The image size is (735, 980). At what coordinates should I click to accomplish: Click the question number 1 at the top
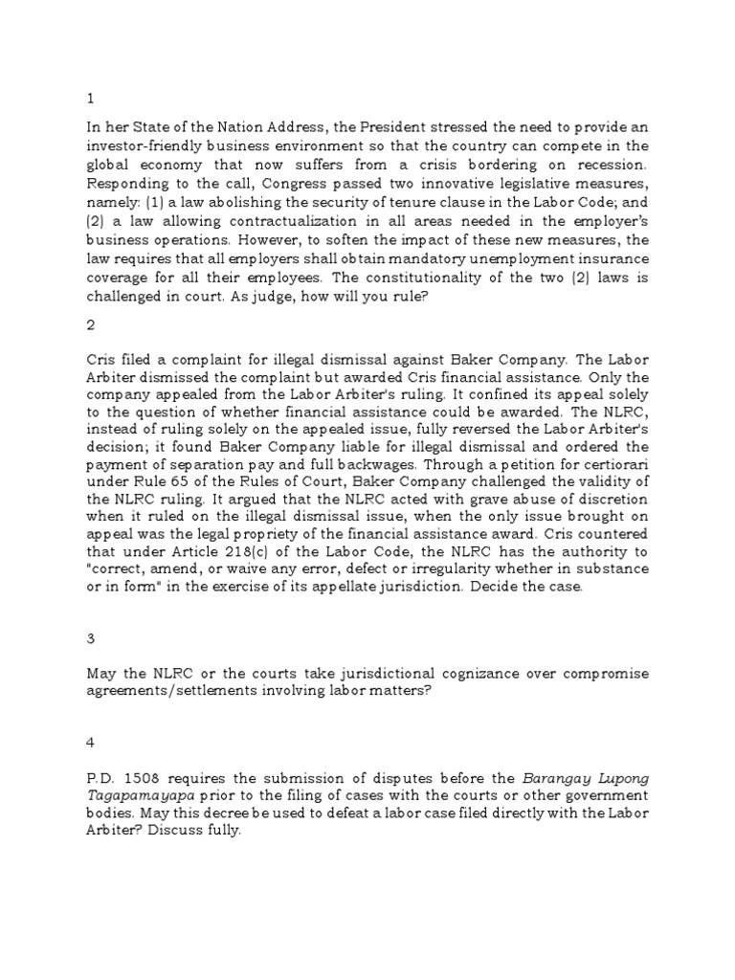(89, 98)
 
